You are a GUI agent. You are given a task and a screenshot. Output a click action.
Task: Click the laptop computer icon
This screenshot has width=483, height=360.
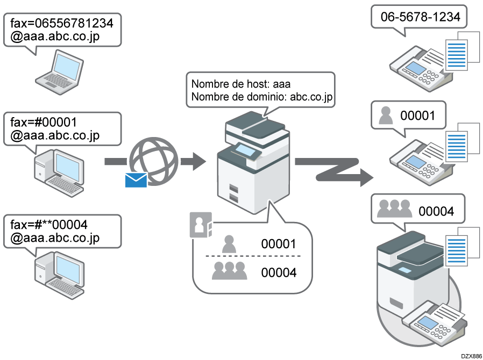[x=60, y=68]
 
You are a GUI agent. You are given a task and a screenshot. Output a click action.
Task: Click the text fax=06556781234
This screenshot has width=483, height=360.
[x=62, y=24]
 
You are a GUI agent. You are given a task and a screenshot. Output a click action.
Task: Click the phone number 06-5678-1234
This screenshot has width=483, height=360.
[x=420, y=17]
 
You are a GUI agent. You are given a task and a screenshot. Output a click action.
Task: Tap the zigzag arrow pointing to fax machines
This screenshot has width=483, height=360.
[x=333, y=169]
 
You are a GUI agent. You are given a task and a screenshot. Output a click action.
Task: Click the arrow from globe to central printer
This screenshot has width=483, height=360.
[x=194, y=160]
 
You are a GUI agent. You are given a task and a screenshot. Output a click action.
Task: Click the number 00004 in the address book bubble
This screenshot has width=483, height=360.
[x=279, y=272]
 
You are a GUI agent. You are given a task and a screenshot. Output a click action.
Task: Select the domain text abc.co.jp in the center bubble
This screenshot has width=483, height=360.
[x=311, y=97]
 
